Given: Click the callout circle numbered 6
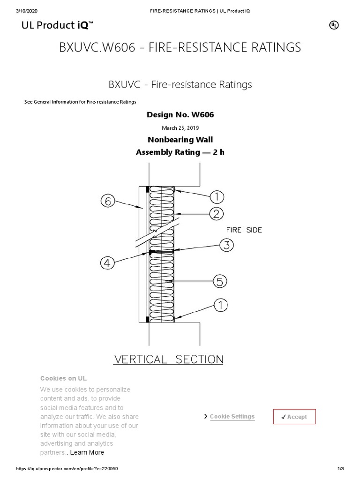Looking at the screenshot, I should pos(107,202).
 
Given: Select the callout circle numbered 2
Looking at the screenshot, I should pos(216,214).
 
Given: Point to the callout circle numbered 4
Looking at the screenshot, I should pos(107,262).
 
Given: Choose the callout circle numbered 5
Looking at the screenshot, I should pos(220,282).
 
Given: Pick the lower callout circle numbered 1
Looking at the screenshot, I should pos(220,306).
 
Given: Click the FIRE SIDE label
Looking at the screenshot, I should pos(244,230).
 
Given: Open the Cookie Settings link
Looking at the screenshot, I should pos(232,417).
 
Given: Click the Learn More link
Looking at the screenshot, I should pos(87,452).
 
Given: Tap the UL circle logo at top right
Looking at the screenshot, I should pos(334,26).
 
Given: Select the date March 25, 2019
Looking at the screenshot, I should pos(180,128).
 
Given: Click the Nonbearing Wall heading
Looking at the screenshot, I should pos(180,140).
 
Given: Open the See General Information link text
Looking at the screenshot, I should pos(80,102).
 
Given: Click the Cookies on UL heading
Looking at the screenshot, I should pos(63,378).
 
